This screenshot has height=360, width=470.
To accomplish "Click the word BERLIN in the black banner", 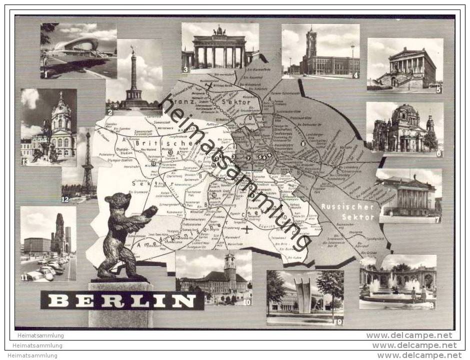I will [122, 301].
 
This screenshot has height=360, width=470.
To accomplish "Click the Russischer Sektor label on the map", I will [341, 210].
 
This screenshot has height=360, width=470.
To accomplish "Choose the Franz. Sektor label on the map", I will [215, 105].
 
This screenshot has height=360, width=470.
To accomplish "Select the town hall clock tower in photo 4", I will [311, 45].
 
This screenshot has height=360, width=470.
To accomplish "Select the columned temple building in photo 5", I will [405, 67].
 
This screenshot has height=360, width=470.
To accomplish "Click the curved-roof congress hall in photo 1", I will [77, 47].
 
